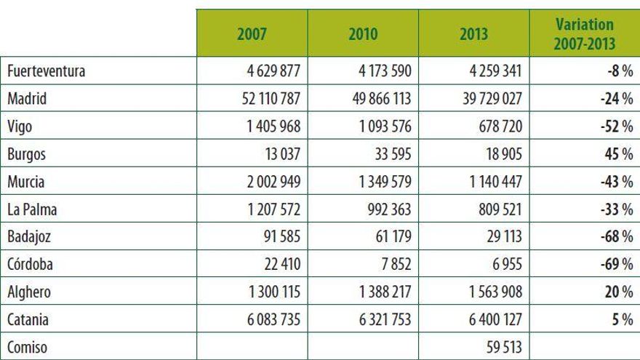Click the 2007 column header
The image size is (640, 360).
click(x=252, y=34)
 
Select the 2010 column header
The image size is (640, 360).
click(x=363, y=34)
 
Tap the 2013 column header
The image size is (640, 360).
click(x=474, y=34)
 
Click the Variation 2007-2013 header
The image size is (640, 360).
click(x=583, y=34)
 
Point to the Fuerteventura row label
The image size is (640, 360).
click(x=47, y=72)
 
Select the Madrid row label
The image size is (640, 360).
click(x=27, y=100)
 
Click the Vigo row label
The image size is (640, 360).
click(x=20, y=127)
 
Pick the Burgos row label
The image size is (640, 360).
click(x=25, y=155)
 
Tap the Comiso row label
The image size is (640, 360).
click(x=27, y=348)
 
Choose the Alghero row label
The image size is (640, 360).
click(x=28, y=292)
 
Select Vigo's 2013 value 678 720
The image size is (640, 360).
click(x=497, y=127)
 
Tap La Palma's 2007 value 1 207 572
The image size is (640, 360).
click(x=268, y=209)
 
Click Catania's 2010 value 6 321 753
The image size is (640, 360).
click(x=378, y=320)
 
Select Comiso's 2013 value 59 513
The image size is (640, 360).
click(x=502, y=348)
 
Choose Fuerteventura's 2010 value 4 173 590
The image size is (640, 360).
click(x=378, y=72)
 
